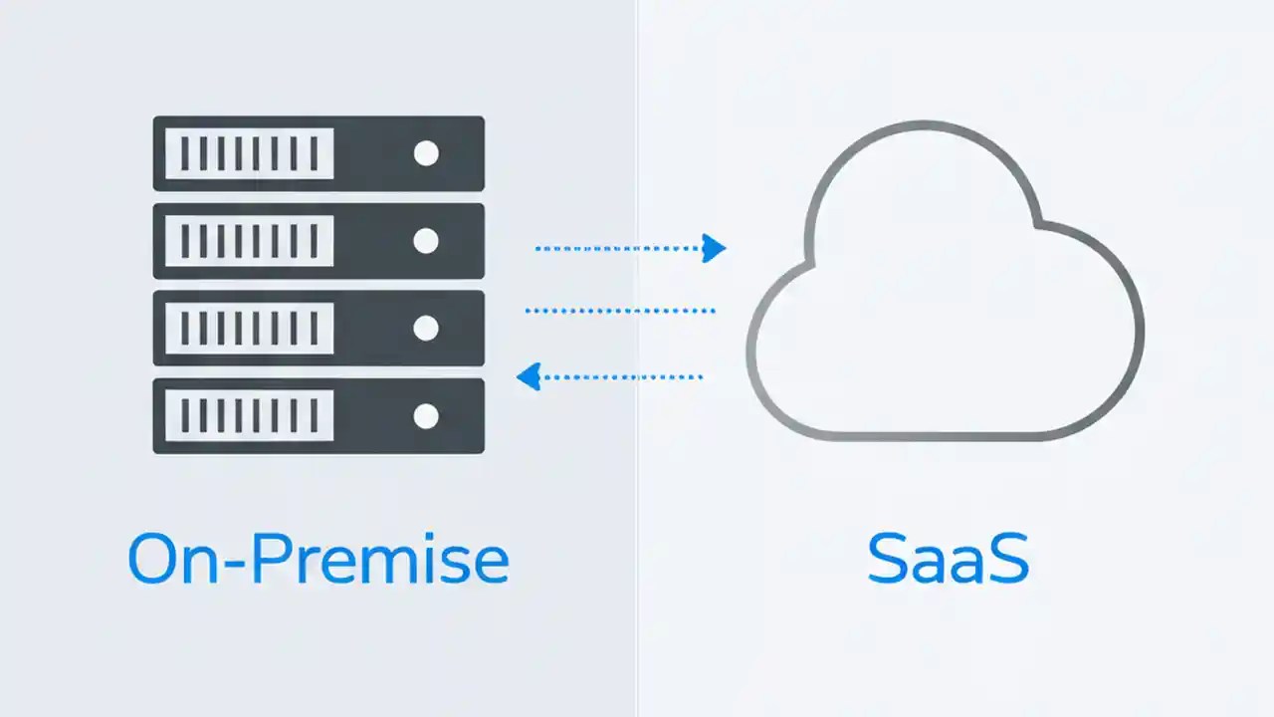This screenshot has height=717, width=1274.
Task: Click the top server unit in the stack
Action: tap(318, 153)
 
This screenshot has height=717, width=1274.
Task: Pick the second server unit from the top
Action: tap(318, 241)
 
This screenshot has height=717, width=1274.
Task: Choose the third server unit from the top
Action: tap(318, 328)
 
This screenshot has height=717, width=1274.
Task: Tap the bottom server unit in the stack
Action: tap(318, 415)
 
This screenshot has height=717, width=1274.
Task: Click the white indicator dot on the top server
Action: tap(426, 153)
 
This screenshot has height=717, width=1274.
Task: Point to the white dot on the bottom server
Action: tap(426, 415)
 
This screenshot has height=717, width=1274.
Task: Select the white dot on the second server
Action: tap(426, 241)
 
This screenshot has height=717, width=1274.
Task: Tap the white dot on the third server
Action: tap(426, 328)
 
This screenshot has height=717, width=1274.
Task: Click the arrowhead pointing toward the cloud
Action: tap(714, 248)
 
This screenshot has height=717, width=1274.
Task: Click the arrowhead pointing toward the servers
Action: tap(529, 376)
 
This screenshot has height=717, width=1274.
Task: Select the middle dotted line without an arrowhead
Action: tap(620, 311)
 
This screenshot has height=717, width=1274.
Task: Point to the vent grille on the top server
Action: tap(249, 153)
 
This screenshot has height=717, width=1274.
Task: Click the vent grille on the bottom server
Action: tap(249, 415)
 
